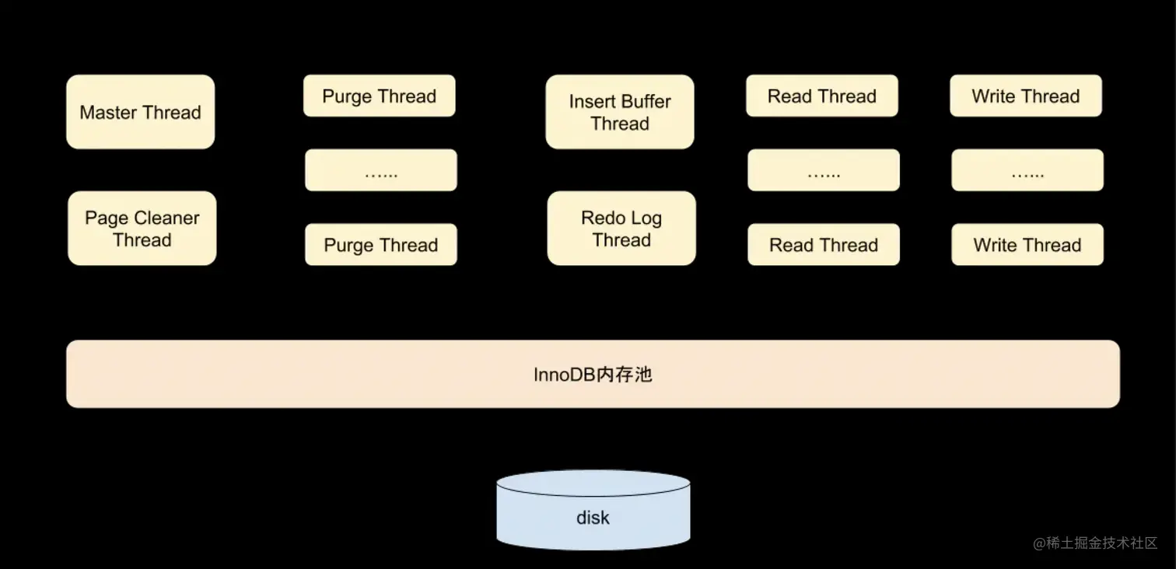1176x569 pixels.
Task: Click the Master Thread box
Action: [x=140, y=112]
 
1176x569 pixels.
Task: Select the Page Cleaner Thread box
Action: [x=142, y=229]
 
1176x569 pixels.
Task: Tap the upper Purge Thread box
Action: [x=379, y=96]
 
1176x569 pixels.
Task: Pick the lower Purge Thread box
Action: [x=380, y=245]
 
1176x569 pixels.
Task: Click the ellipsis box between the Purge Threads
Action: [x=380, y=170]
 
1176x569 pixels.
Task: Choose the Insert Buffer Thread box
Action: [x=619, y=112]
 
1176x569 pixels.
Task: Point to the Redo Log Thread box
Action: [x=621, y=229]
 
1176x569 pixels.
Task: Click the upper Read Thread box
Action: [x=821, y=96]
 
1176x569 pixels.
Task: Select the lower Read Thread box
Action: [x=823, y=245]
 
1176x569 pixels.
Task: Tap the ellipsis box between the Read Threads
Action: [x=823, y=170]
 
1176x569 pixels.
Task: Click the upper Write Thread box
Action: [x=1025, y=96]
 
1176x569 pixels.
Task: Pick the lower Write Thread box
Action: [x=1027, y=245]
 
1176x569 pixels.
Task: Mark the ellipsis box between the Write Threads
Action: [x=1027, y=170]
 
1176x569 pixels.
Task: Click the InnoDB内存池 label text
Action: [x=593, y=375]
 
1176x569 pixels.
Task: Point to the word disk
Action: [x=593, y=518]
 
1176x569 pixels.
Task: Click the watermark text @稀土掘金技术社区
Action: [x=1095, y=543]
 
